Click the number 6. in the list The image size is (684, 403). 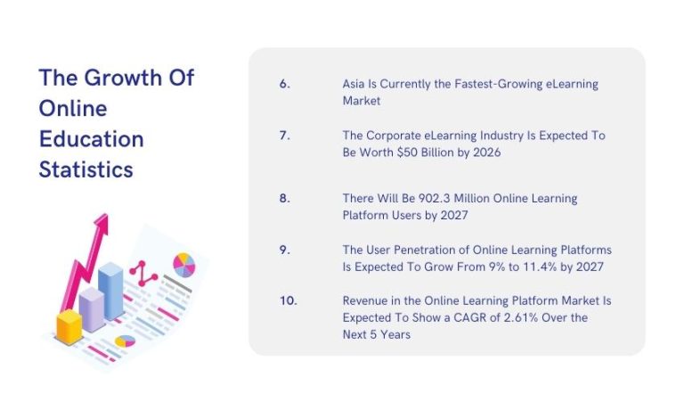284,84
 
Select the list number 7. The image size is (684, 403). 284,136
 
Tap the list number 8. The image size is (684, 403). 284,198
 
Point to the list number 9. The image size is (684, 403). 284,250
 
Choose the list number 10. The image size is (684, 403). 288,301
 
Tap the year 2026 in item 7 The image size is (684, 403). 486,152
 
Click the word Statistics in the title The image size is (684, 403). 86,169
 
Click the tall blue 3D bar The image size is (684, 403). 110,290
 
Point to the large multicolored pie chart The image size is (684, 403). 183,264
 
